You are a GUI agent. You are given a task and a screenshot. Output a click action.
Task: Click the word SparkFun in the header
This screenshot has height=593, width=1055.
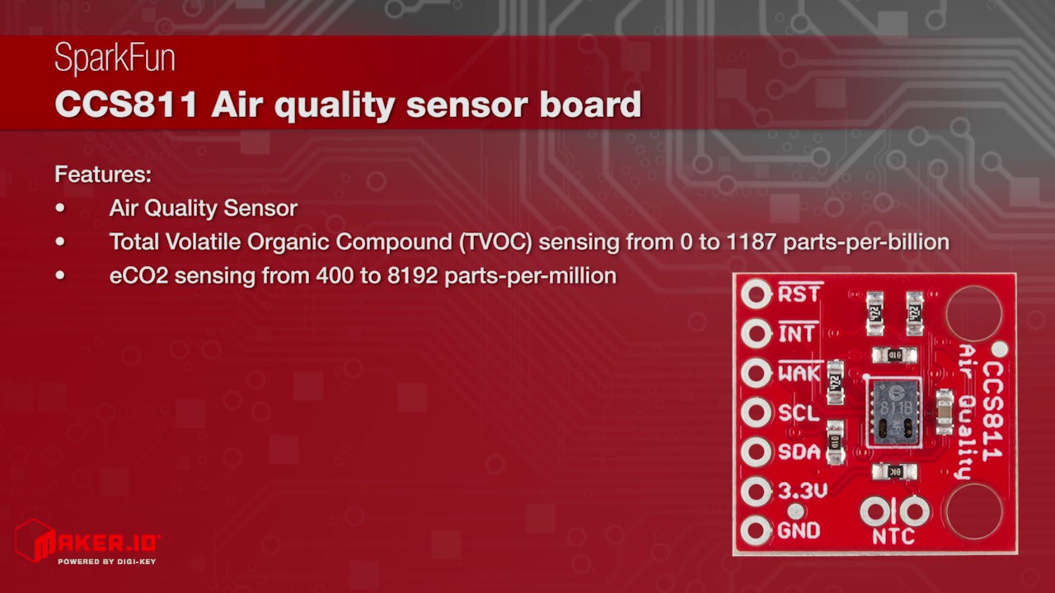[115, 59]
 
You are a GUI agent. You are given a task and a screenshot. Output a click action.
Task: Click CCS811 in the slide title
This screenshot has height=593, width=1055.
[126, 105]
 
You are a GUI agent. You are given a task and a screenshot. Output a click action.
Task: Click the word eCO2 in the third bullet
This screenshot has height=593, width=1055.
[138, 276]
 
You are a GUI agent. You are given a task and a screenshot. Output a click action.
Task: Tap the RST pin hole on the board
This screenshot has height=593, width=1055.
[756, 294]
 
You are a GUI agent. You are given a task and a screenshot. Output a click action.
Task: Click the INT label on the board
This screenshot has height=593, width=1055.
[797, 334]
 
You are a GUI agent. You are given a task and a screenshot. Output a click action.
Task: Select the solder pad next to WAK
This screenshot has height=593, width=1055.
[756, 373]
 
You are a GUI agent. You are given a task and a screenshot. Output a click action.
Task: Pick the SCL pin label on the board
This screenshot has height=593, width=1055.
[799, 413]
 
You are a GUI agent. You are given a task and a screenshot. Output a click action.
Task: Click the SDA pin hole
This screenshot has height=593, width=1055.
[756, 452]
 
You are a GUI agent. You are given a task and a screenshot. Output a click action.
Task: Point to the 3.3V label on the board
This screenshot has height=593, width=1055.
[802, 492]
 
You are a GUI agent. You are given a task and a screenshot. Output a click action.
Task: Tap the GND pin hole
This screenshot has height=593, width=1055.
[756, 531]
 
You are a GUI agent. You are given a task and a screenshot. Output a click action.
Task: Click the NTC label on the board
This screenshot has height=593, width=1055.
[893, 537]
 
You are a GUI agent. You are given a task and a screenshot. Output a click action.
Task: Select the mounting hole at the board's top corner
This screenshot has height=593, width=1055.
[973, 312]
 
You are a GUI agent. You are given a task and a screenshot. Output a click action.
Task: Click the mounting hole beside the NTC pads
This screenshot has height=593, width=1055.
[973, 511]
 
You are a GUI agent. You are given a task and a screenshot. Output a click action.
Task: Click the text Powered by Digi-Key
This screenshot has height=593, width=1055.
[106, 562]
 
